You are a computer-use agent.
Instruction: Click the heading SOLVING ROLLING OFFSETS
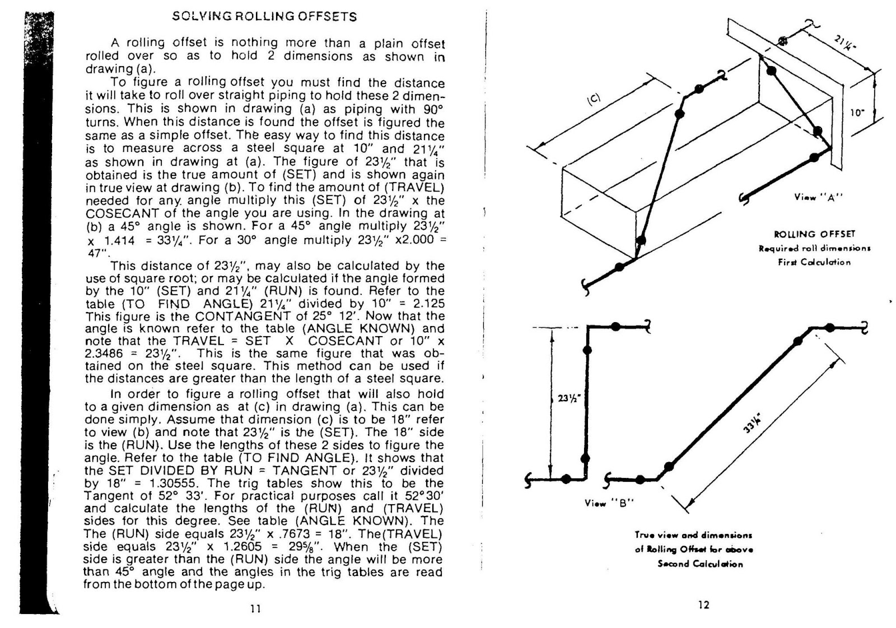coord(264,17)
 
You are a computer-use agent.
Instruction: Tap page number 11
coord(255,608)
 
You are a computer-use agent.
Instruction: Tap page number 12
coord(704,604)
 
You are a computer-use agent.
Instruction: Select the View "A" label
coord(818,197)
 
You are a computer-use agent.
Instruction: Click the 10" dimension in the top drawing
coord(857,113)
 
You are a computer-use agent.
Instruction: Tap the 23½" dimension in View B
coord(570,399)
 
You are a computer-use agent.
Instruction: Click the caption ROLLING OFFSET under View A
coord(814,234)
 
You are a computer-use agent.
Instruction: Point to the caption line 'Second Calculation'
coord(700,564)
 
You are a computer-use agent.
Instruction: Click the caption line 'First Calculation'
coord(814,262)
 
